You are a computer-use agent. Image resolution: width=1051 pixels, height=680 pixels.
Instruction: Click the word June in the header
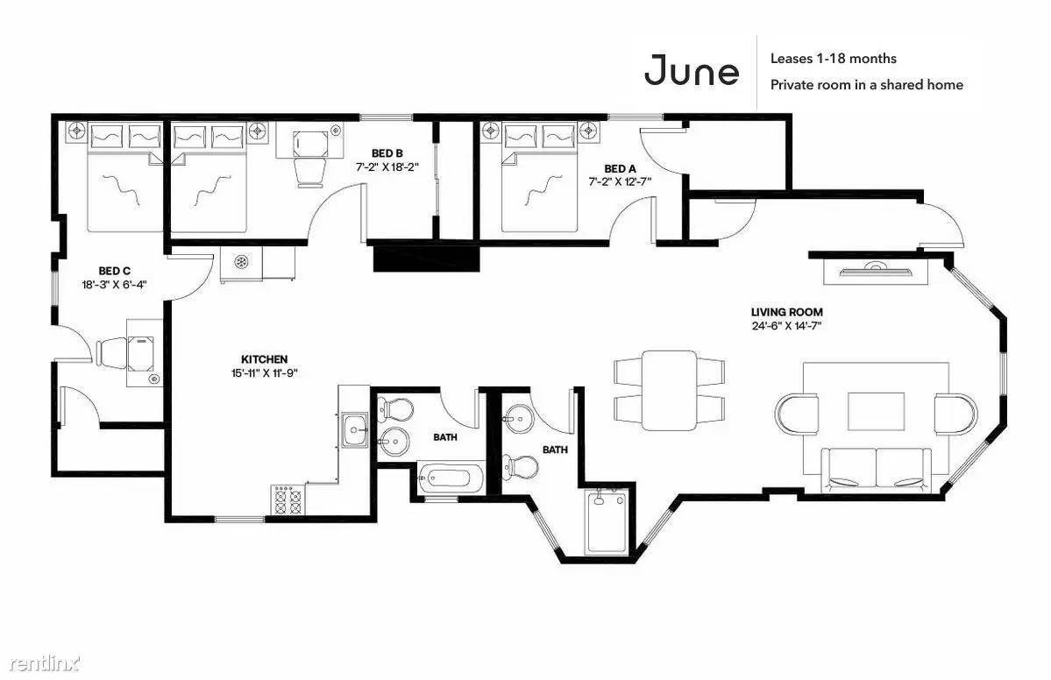(x=692, y=70)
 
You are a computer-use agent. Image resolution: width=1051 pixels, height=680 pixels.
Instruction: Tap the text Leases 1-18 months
(x=833, y=59)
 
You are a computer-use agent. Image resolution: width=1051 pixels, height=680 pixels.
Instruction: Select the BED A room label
(x=620, y=169)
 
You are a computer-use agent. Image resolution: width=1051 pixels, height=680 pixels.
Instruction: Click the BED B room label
(x=387, y=153)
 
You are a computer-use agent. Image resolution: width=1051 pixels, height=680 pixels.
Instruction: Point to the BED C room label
(x=114, y=271)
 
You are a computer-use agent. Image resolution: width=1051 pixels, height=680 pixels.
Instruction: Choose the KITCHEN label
(x=264, y=359)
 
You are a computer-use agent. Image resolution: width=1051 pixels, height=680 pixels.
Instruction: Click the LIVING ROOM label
(x=787, y=312)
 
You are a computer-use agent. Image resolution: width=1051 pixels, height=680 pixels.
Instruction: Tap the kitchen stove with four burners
(x=288, y=499)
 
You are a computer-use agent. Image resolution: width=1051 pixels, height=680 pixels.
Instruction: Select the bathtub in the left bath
(x=451, y=478)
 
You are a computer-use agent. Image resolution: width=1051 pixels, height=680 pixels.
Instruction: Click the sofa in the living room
(x=876, y=468)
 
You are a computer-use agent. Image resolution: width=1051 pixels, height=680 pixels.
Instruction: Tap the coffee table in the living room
(x=876, y=411)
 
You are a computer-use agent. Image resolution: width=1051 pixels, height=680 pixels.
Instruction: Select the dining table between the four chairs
(x=670, y=390)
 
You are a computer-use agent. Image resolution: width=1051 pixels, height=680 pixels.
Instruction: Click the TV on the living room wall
(x=874, y=271)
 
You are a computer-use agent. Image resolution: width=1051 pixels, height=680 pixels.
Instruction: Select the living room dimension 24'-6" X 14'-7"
(x=787, y=326)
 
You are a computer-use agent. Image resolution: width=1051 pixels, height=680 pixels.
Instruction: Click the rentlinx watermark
(x=45, y=664)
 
